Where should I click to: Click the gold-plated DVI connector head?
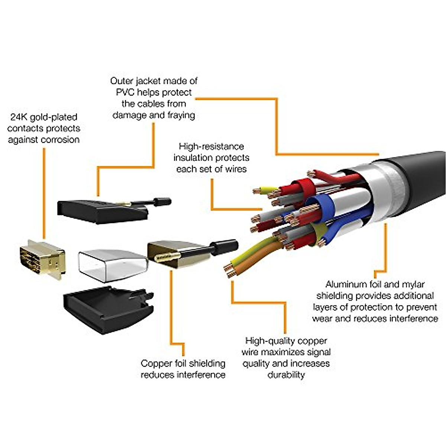(x=42, y=258)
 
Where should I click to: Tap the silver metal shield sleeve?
(x=111, y=265)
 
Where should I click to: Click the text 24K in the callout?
(x=17, y=117)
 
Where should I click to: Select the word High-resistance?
(x=211, y=146)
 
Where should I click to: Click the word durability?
(x=286, y=375)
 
